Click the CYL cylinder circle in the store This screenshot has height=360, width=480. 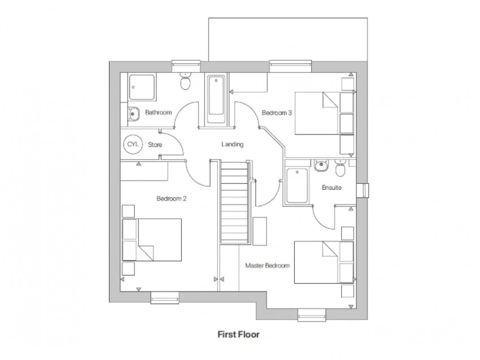[x=133, y=144]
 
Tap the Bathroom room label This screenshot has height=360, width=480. [x=158, y=112]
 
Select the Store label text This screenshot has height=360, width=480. [x=155, y=145]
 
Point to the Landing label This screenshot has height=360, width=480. [x=232, y=145]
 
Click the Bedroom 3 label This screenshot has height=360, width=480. [x=277, y=113]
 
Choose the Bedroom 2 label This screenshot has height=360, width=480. [x=172, y=198]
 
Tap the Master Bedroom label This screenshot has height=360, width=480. [x=267, y=265]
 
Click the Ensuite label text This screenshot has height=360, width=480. [x=331, y=187]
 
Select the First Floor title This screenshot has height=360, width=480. [x=239, y=334]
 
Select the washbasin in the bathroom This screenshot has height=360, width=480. [x=133, y=114]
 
